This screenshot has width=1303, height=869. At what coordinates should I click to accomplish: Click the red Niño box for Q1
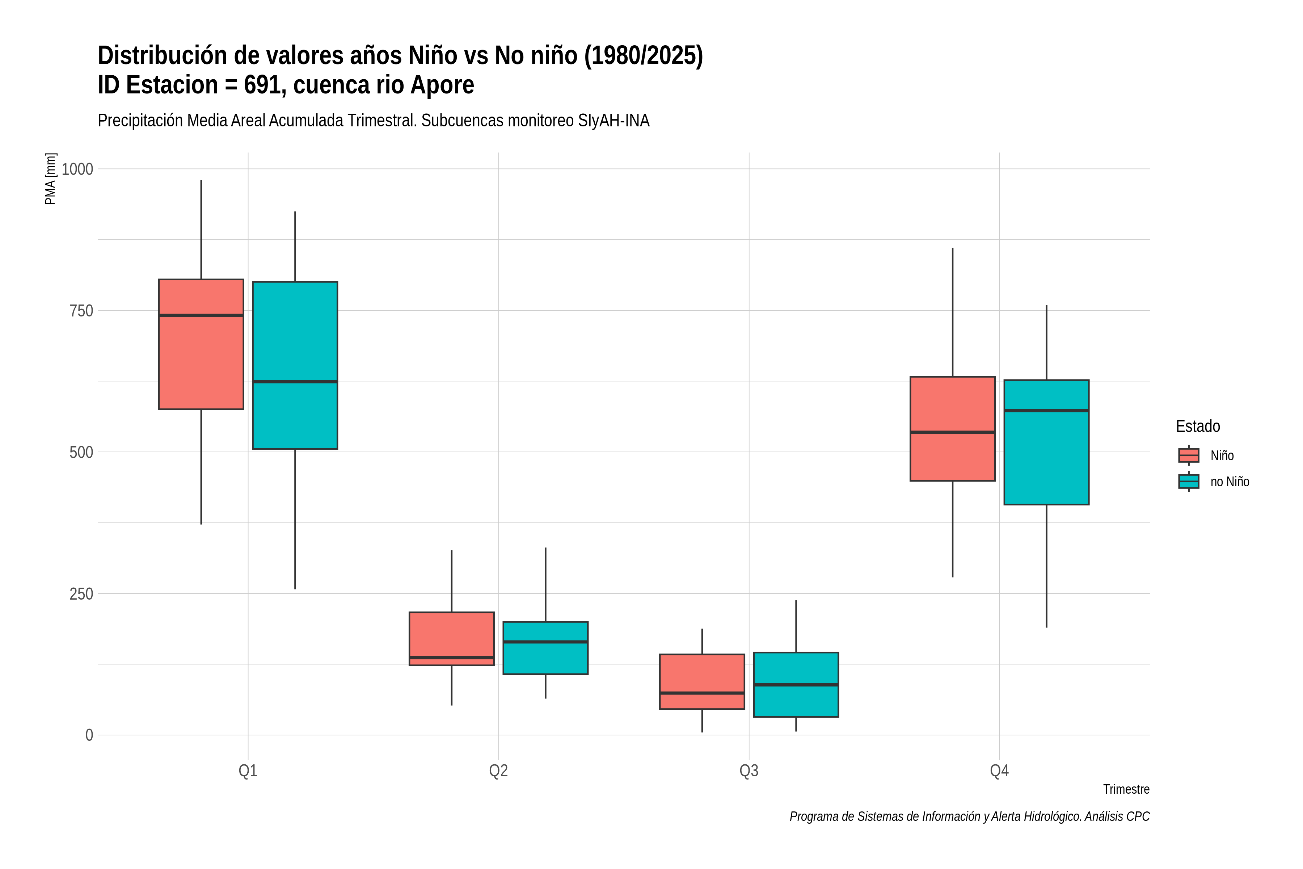point(201,344)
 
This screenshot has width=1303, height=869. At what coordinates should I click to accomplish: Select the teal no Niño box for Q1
point(295,365)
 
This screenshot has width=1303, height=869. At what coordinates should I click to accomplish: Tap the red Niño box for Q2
point(451,638)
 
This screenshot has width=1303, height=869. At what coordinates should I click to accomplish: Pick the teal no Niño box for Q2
point(545,648)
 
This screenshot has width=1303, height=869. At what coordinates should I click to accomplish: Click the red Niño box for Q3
point(702,682)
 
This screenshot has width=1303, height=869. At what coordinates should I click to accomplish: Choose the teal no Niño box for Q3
point(796,684)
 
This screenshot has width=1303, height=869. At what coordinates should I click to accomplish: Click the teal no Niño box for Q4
point(1046,442)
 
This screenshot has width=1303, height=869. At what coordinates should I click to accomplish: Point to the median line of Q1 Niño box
point(201,315)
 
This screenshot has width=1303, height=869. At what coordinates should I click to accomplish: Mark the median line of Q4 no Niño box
point(1046,411)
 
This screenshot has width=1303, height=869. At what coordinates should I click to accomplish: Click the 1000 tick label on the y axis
point(77,169)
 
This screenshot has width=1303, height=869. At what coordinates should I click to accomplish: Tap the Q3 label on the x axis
point(749,771)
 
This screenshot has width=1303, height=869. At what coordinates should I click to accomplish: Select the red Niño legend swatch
point(1188,455)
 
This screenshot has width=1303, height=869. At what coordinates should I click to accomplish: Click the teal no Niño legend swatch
point(1188,482)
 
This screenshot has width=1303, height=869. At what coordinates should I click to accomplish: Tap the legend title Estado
point(1198,426)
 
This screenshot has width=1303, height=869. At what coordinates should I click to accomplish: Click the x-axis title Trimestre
point(1126,789)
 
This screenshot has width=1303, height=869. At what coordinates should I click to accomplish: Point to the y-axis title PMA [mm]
point(50,179)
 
